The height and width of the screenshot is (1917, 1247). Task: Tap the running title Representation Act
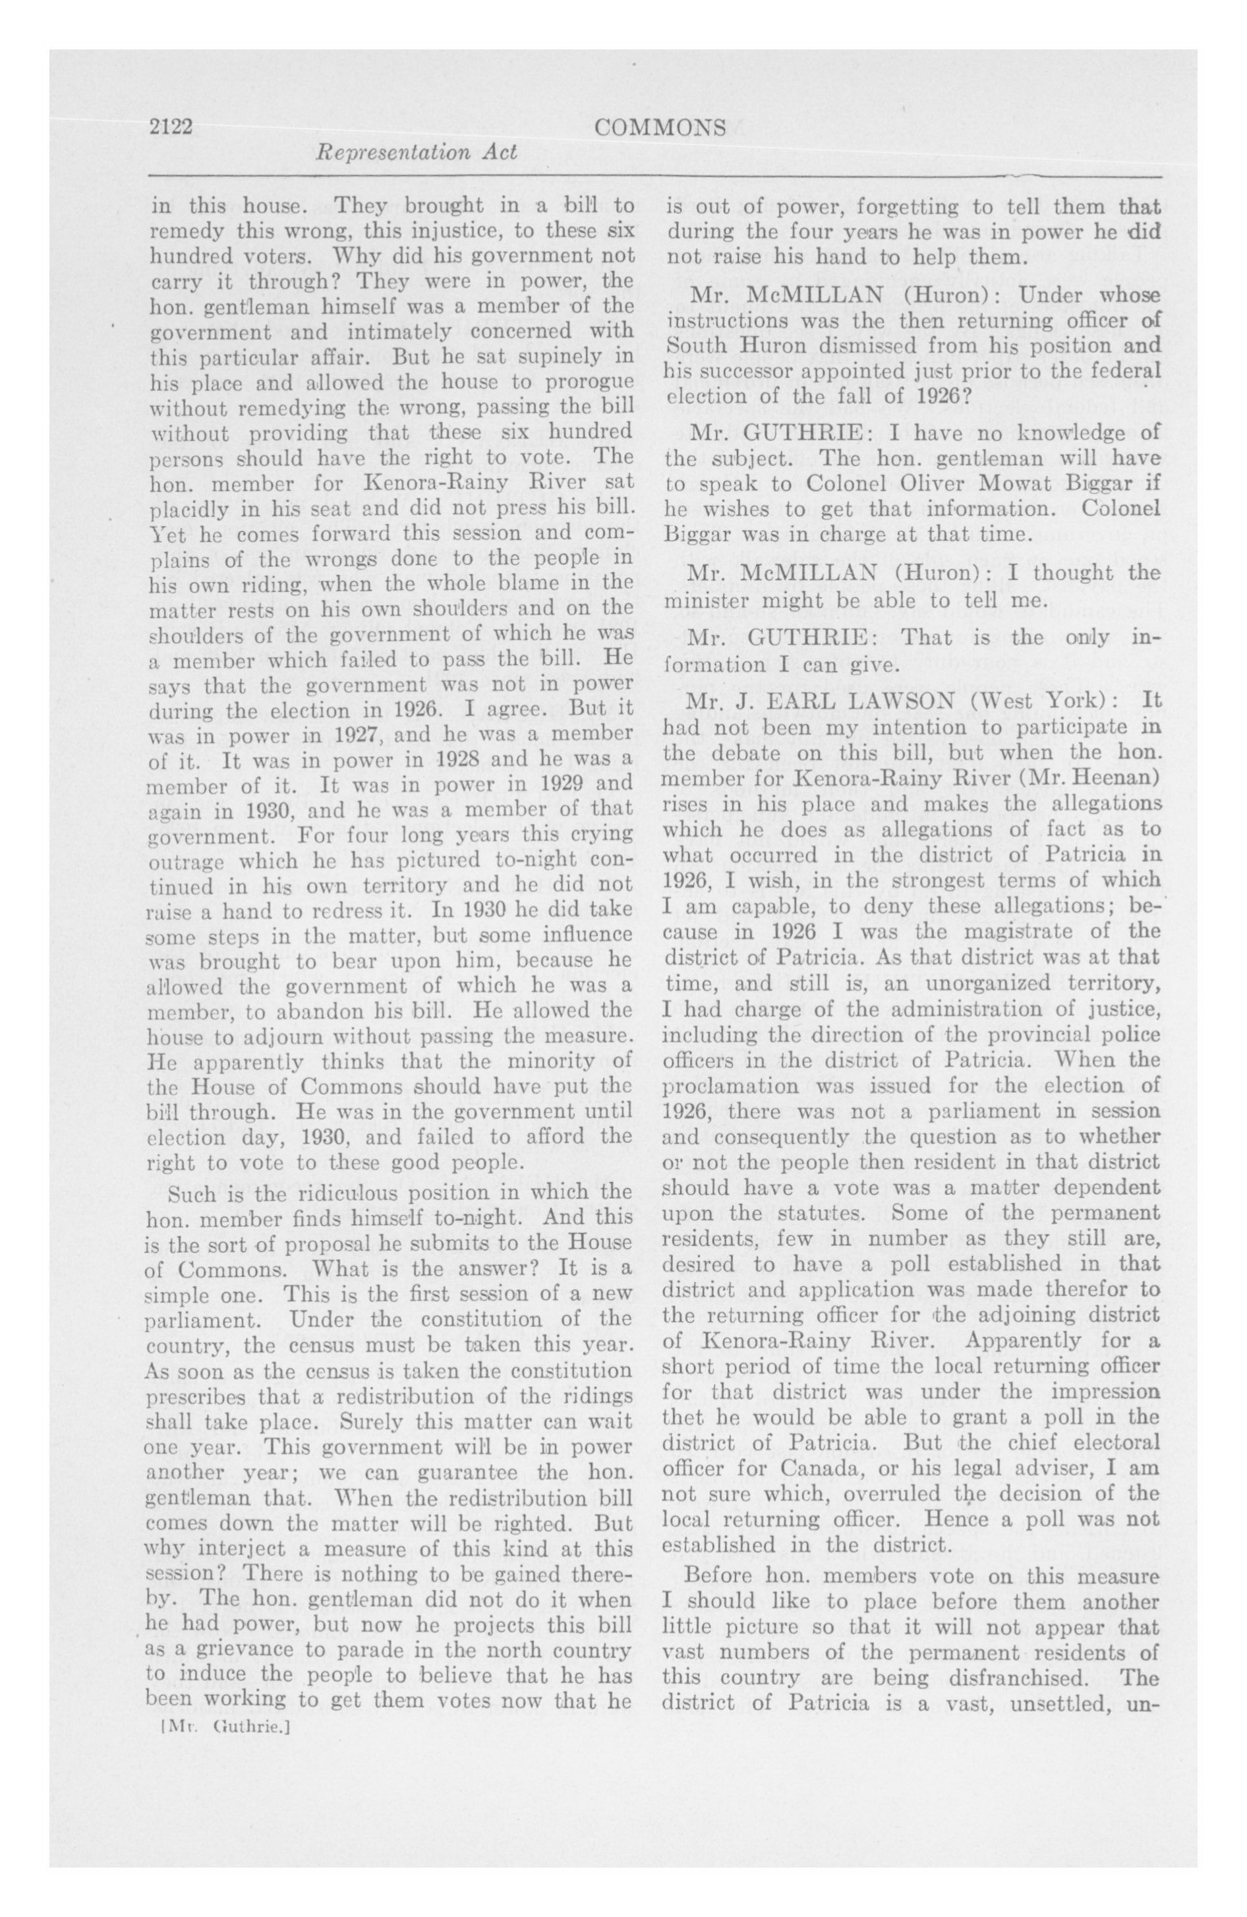[417, 153]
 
